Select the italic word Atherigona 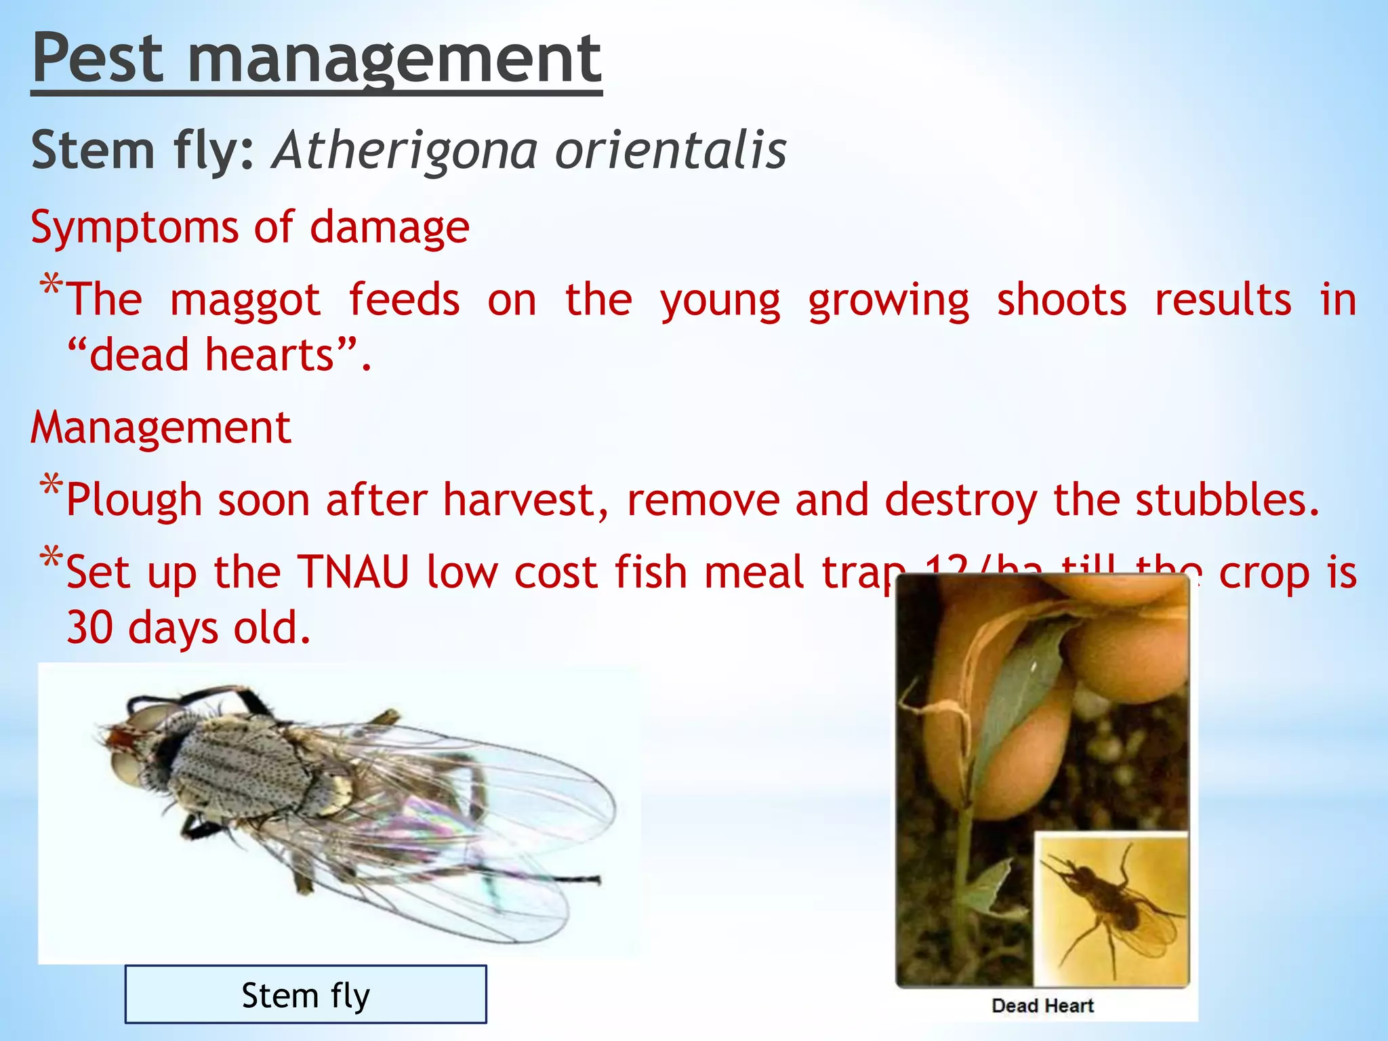coord(406,150)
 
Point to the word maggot coord(245,301)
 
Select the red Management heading coord(161,428)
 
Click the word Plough coord(134,501)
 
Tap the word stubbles coord(1227,499)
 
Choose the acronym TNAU coord(354,572)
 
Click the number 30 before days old coord(89,628)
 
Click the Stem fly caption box coord(306,994)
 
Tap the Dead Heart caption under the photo coord(1042,1005)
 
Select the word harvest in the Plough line coord(526,500)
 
